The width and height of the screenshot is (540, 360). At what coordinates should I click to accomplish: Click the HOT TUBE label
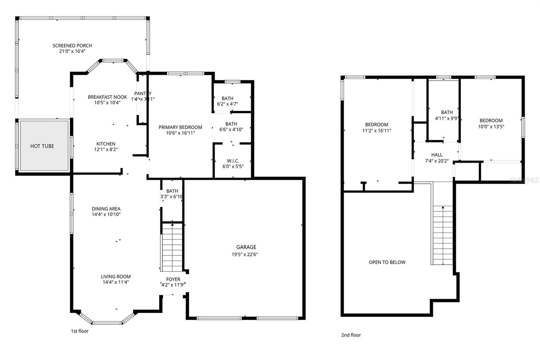coord(42,146)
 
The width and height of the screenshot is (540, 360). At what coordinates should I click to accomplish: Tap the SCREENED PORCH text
coord(72,46)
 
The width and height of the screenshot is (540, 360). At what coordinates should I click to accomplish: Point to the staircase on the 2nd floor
coord(442,235)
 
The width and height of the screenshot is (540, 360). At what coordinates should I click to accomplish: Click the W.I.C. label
coord(233,161)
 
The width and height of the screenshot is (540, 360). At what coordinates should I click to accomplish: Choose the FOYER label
coord(173,279)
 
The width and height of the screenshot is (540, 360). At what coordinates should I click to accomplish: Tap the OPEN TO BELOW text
coord(387,262)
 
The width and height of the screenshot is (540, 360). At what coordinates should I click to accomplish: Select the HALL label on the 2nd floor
coord(437,155)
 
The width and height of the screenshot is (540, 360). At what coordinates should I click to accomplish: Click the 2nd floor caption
coord(351,335)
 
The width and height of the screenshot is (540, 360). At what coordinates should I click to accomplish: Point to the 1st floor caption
coord(80,331)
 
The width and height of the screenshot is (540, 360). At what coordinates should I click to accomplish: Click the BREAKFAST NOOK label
coord(107,97)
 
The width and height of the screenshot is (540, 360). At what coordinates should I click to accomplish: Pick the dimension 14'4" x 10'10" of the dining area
coord(106,214)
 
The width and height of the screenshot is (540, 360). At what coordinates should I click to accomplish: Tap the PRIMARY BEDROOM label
coord(180,127)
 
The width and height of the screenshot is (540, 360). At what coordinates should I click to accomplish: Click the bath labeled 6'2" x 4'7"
coord(227,101)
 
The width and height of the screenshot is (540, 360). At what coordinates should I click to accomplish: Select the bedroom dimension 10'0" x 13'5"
coord(491,127)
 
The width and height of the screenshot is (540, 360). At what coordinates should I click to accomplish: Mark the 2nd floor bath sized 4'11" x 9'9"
coord(447,115)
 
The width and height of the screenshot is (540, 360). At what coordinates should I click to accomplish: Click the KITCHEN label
coord(106,144)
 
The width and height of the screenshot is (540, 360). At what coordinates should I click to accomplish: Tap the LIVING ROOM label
coord(116,277)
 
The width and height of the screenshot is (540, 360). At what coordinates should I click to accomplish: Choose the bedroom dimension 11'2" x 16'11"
coord(377,131)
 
